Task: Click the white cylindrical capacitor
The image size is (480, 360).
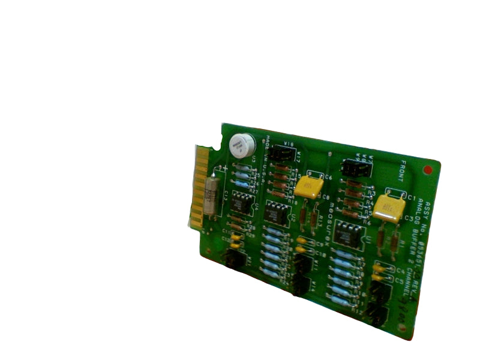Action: [242, 145]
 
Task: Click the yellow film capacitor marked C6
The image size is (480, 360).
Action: [310, 187]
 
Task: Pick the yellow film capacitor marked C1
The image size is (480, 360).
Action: [388, 208]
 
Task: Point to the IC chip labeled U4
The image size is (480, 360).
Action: [243, 203]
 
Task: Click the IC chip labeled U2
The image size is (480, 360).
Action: [277, 212]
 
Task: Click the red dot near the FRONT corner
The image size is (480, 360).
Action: [427, 171]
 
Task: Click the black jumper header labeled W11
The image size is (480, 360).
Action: [304, 263]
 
